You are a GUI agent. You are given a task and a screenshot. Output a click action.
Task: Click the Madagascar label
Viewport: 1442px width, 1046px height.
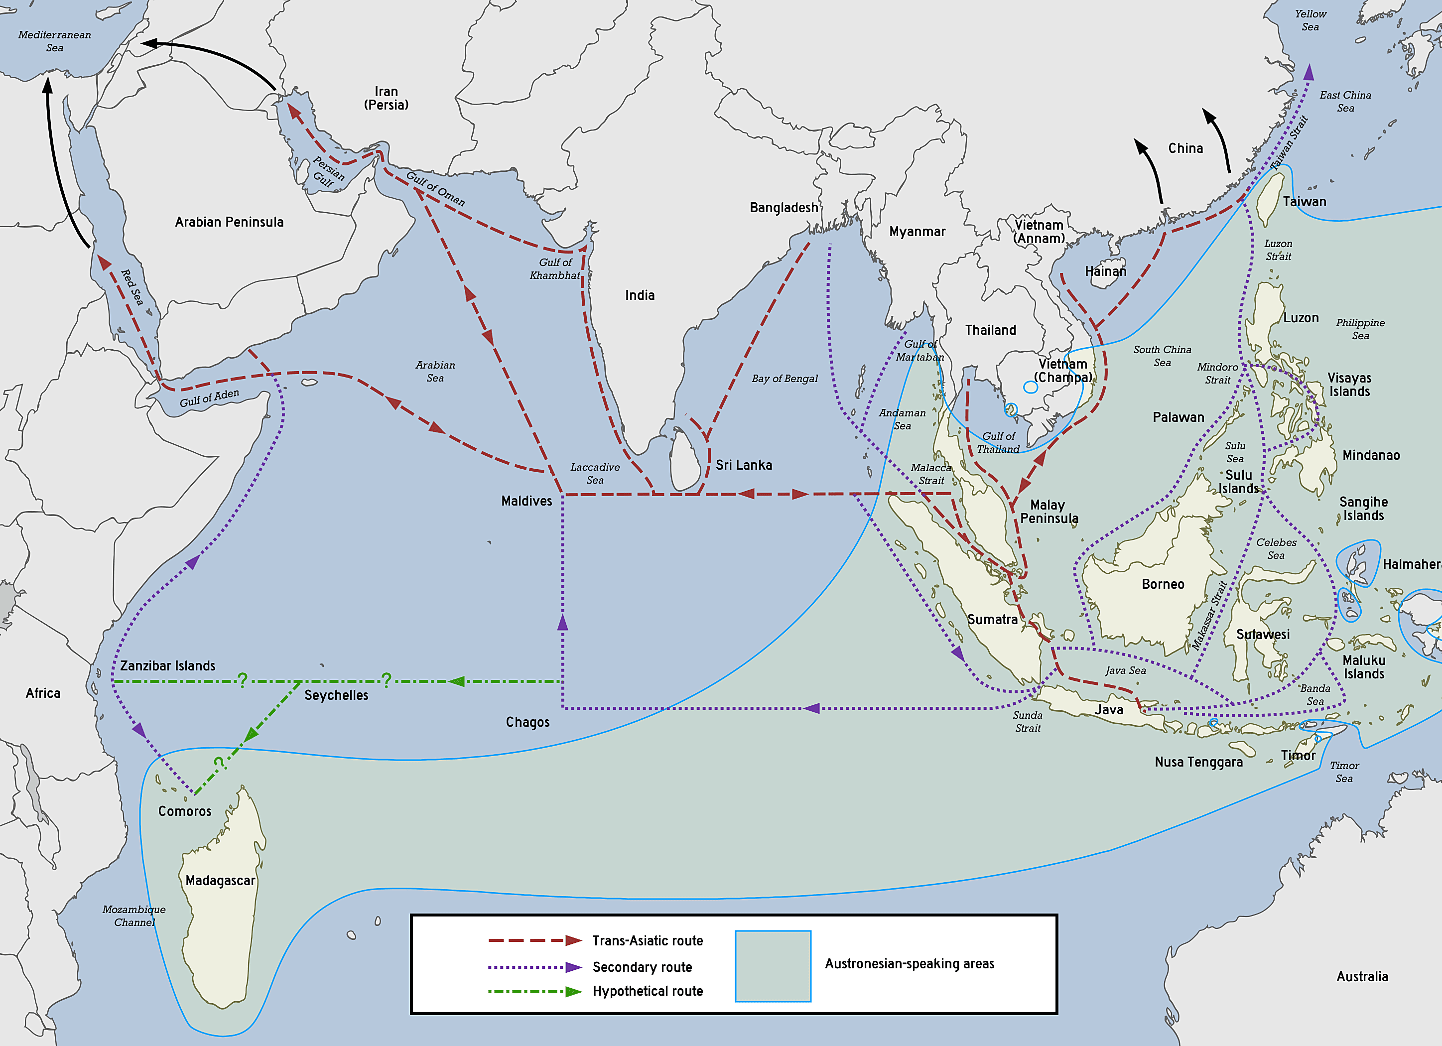coord(220,880)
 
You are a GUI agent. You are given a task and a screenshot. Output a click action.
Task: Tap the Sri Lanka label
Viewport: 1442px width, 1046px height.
coord(743,465)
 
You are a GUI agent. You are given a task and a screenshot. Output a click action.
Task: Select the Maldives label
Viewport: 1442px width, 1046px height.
coord(526,501)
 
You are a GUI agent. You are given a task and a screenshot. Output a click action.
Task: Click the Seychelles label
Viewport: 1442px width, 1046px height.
coord(336,695)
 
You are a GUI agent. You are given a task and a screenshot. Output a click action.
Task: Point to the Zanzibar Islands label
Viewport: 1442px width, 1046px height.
coord(167,666)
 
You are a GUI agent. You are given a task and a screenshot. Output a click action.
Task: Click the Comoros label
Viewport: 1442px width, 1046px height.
coord(184,811)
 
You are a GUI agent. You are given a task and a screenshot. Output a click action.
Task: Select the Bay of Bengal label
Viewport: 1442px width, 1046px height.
coord(785,379)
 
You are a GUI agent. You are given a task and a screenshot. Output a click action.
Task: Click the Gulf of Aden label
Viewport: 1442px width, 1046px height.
coord(209,398)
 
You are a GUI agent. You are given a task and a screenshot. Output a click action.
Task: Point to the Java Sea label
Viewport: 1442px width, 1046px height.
coord(1125,670)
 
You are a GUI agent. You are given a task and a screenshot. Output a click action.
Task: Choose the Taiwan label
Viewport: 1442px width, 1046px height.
coord(1304,202)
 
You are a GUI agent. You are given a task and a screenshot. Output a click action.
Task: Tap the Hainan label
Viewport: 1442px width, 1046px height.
coord(1105,271)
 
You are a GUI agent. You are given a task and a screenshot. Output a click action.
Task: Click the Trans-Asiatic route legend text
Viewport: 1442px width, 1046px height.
coord(647,940)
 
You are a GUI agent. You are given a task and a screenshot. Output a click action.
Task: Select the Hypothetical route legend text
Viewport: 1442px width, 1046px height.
coord(647,991)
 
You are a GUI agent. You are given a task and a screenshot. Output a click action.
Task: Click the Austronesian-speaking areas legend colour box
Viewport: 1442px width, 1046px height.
coord(773,965)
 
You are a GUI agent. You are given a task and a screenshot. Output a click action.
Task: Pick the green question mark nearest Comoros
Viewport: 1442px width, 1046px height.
coord(218,763)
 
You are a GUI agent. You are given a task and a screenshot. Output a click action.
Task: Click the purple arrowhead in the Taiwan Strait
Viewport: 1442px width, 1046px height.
coord(1308,73)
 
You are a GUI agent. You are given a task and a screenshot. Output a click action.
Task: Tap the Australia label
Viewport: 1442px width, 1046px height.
coord(1362,976)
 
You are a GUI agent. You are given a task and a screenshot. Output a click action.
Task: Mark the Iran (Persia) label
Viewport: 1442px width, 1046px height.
coord(386,98)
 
